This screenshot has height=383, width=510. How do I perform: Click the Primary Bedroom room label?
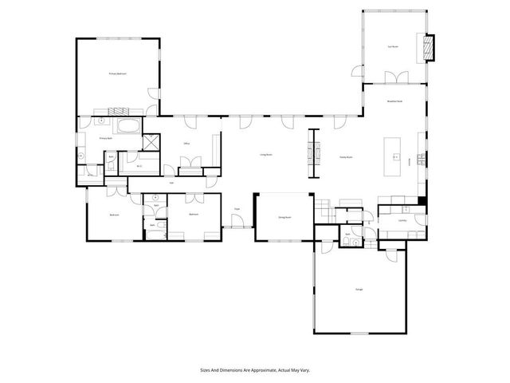118,73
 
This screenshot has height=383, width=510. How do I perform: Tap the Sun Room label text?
392,47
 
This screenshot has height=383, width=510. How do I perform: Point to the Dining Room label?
284,217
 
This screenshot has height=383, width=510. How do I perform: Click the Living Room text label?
266,155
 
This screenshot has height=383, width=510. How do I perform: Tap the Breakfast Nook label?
394,101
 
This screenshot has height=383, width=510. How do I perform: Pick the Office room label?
186,144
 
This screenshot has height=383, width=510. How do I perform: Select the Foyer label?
237,209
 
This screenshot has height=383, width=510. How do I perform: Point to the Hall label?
171,184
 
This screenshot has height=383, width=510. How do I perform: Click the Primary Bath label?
104,138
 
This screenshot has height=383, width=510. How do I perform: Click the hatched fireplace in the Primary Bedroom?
117,111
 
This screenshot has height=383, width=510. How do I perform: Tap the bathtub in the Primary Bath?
128,125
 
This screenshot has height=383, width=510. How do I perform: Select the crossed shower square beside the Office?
149,142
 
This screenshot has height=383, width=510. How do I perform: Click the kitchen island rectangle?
392,156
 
